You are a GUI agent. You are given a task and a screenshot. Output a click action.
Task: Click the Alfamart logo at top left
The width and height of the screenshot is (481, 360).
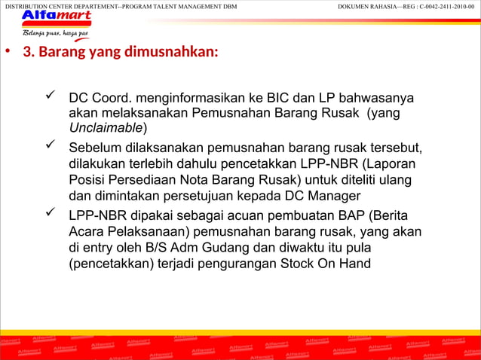[x=56, y=18]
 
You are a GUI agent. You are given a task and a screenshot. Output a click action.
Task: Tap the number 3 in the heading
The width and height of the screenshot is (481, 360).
[x=28, y=53]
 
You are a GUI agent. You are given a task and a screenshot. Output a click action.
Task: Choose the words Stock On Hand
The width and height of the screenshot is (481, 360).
[x=326, y=264]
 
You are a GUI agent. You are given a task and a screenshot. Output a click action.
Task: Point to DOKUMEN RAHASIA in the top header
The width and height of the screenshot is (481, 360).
[x=369, y=6]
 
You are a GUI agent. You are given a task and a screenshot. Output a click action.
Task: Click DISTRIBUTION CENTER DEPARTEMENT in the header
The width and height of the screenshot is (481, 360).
[x=60, y=6]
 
